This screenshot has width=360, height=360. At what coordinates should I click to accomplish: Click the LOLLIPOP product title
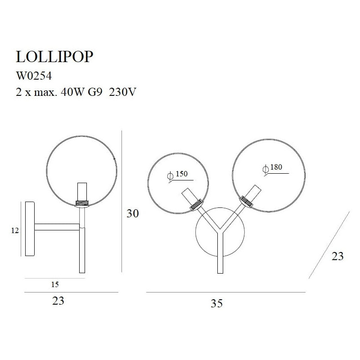pyautogui.click(x=54, y=57)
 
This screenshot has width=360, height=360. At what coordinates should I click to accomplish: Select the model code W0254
pyautogui.click(x=34, y=76)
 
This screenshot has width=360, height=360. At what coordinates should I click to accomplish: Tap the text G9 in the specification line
pyautogui.click(x=95, y=92)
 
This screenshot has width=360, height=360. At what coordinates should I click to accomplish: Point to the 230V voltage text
pyautogui.click(x=122, y=92)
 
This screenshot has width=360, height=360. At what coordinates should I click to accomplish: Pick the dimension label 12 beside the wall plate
pyautogui.click(x=15, y=230)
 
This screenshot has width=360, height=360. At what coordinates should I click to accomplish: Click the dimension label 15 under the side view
pyautogui.click(x=55, y=284)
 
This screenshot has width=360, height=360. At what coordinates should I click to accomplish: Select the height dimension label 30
pyautogui.click(x=133, y=213)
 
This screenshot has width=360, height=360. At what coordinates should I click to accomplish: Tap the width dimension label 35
pyautogui.click(x=216, y=303)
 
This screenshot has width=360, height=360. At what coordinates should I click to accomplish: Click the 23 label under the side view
pyautogui.click(x=58, y=301)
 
